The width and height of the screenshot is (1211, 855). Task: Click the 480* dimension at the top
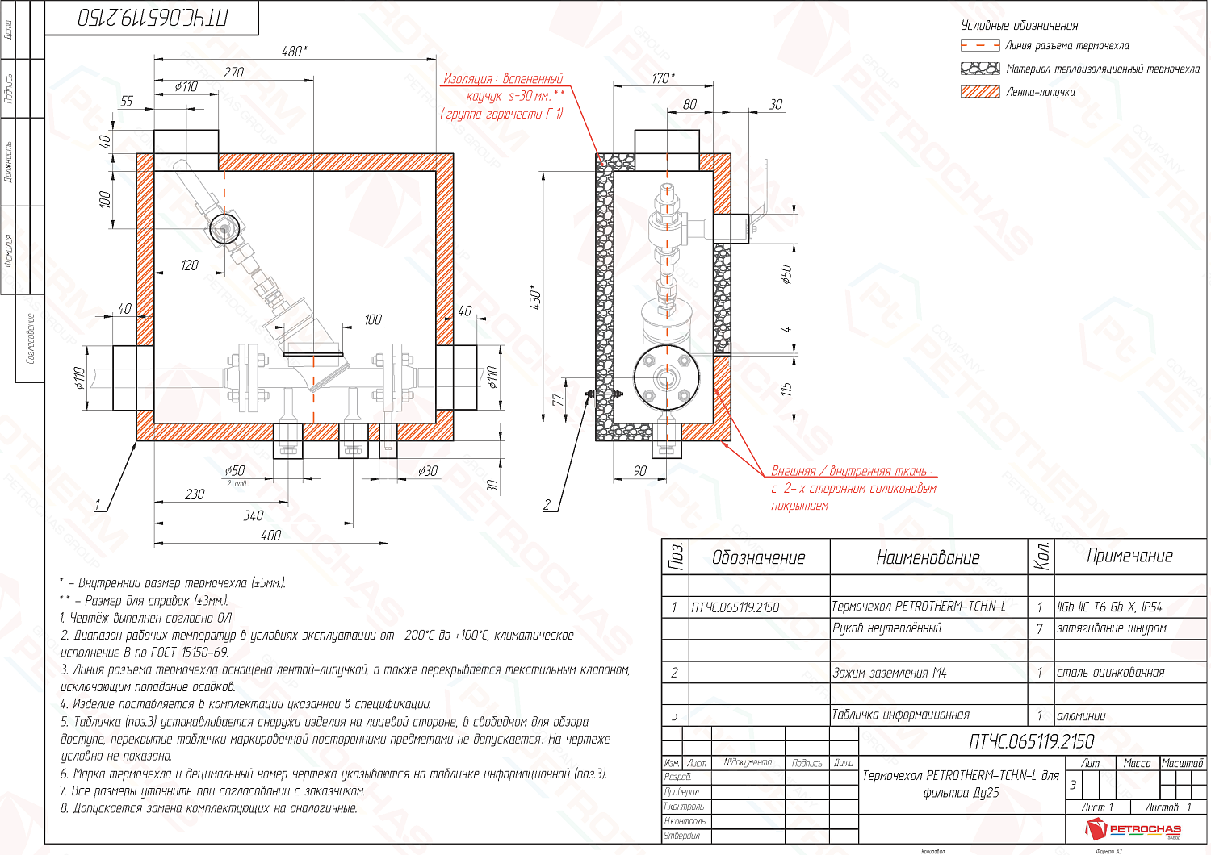(294, 52)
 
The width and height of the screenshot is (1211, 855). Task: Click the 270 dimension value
(233, 73)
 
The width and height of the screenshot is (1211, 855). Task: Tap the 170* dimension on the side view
(663, 78)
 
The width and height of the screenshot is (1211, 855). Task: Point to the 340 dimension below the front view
(254, 515)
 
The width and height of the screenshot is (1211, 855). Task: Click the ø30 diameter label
(428, 471)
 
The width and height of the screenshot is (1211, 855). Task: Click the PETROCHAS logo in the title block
(1134, 828)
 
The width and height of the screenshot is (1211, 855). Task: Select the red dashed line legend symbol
(980, 46)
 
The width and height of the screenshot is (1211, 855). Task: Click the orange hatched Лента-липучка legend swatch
(980, 92)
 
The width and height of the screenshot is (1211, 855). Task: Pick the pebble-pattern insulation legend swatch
(980, 69)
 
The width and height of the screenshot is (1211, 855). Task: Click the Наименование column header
(928, 557)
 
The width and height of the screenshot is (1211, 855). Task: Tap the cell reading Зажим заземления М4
(889, 673)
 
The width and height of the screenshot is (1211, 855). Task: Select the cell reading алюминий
(1081, 716)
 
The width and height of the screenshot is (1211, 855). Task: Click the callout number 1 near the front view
(98, 505)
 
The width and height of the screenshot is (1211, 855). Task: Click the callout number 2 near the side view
(547, 505)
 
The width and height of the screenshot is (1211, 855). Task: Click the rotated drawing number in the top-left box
(152, 18)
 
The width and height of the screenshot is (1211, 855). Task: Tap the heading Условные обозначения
(1019, 26)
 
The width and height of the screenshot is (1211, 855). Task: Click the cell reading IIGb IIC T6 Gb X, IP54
(1109, 607)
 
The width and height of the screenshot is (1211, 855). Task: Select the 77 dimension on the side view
(557, 400)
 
